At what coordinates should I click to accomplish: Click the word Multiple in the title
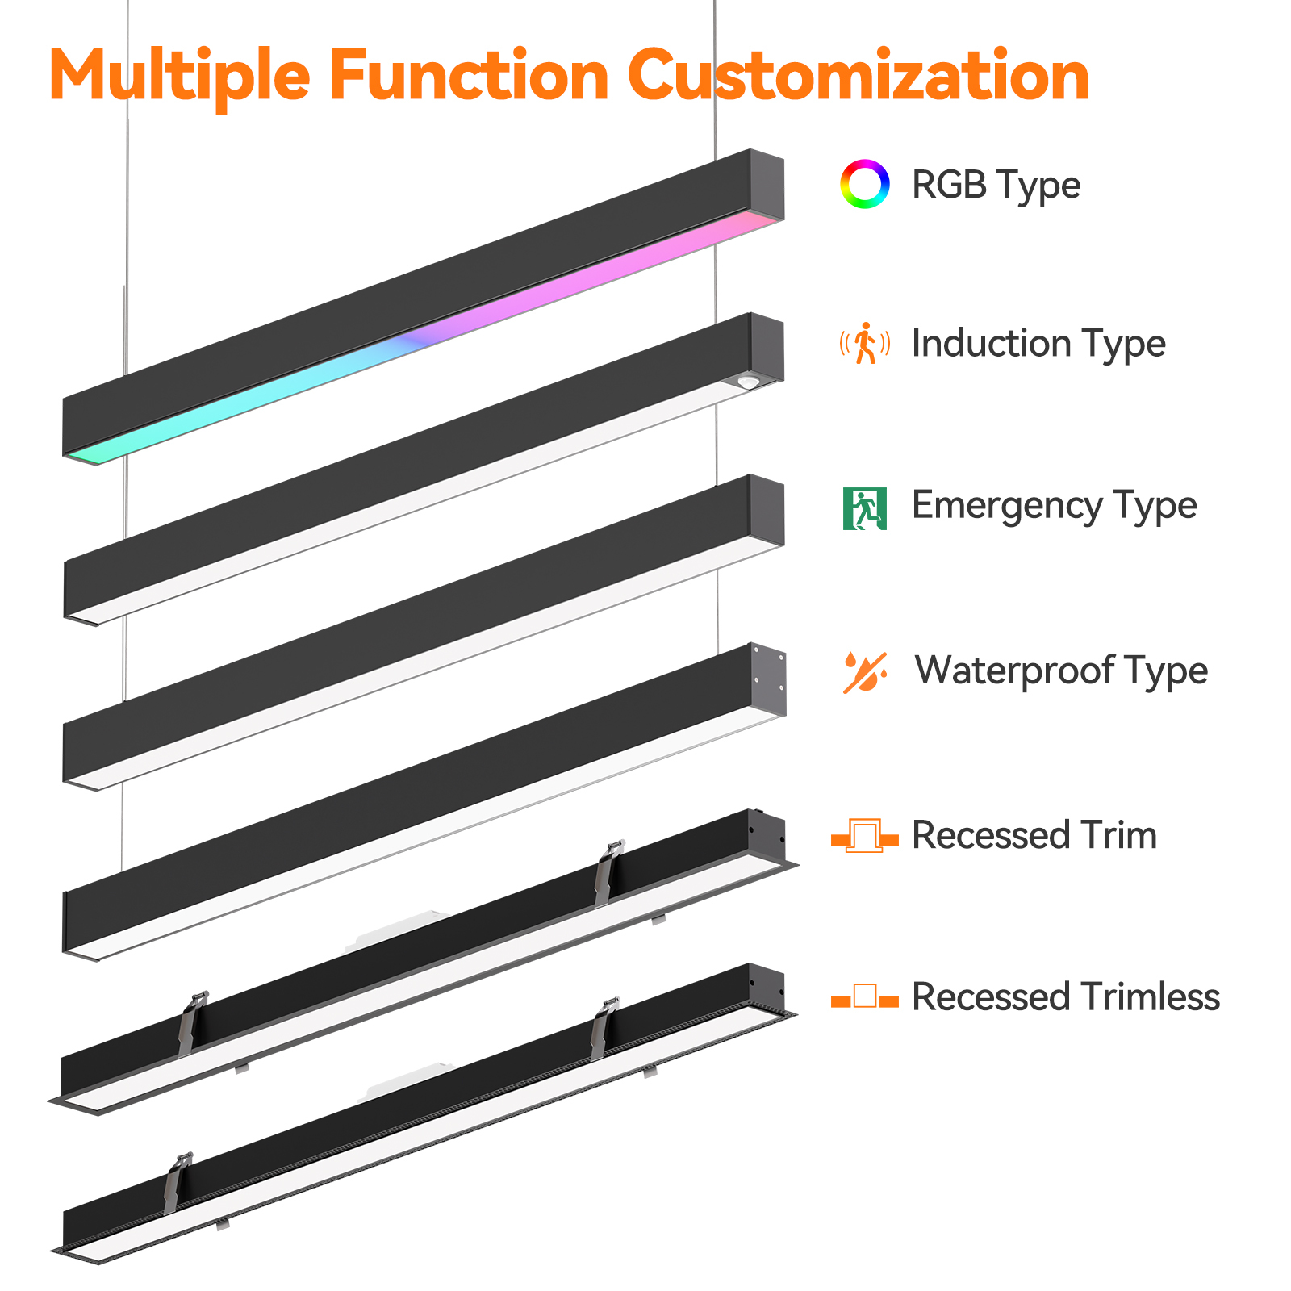click(180, 76)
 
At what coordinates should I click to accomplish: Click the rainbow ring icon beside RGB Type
click(864, 184)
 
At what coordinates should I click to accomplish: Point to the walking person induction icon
click(865, 343)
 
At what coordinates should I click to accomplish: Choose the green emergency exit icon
click(864, 508)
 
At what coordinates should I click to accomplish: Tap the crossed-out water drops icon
click(865, 672)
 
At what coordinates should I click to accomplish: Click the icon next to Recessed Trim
click(864, 836)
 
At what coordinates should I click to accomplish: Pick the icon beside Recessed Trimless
click(864, 997)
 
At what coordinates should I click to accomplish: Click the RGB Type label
click(996, 186)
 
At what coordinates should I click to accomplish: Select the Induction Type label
click(1038, 345)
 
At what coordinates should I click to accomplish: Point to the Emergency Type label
click(1054, 507)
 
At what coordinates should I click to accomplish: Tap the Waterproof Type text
click(1061, 671)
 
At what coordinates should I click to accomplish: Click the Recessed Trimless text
click(1066, 997)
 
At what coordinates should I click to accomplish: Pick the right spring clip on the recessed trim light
click(608, 872)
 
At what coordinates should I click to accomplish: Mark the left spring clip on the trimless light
click(178, 1183)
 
